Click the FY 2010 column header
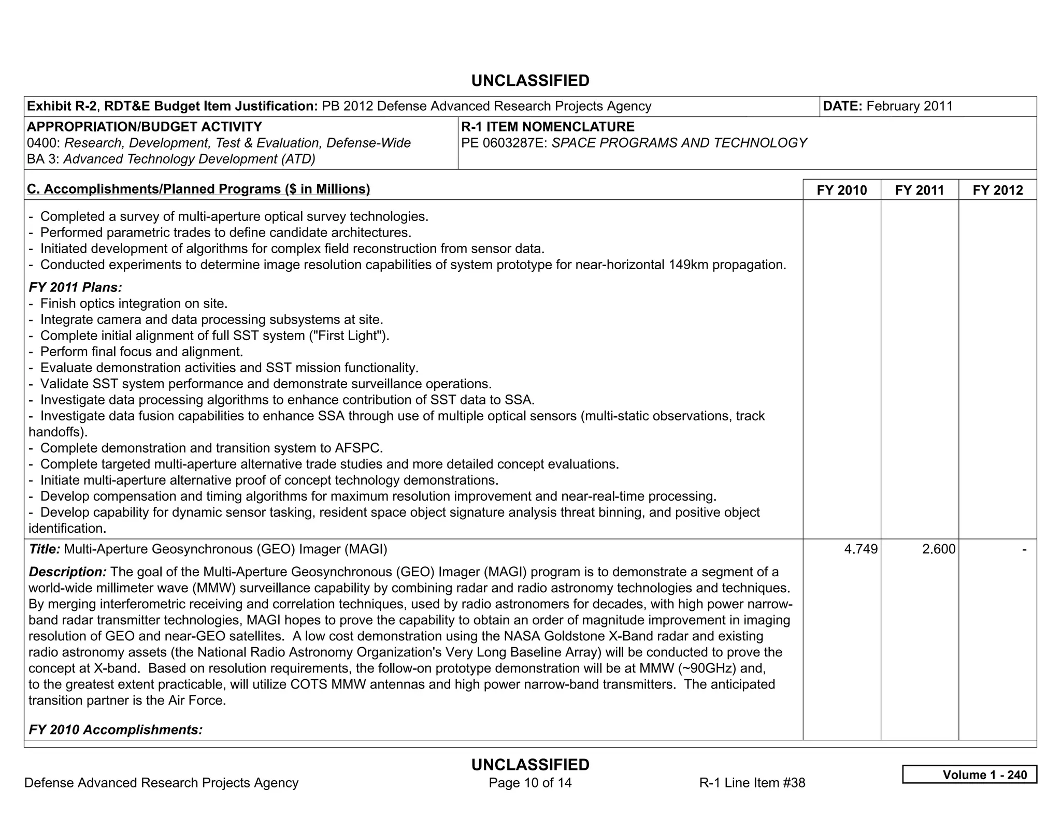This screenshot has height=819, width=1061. (x=841, y=190)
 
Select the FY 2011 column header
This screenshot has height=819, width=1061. (x=919, y=190)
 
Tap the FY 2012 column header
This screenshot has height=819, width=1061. (x=997, y=190)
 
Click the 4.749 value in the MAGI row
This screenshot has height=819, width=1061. (x=861, y=549)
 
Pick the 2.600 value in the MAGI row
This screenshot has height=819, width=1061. (x=938, y=549)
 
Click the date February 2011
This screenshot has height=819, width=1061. (x=909, y=106)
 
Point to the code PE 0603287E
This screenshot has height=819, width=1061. (x=504, y=143)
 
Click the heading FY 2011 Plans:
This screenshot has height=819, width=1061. (x=76, y=287)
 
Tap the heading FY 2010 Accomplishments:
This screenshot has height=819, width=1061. (x=116, y=729)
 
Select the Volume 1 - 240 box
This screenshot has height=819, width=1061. (x=969, y=774)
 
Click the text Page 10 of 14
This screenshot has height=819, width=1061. (x=530, y=783)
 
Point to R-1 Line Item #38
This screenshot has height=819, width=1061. (x=752, y=783)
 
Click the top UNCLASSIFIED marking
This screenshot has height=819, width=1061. (x=530, y=81)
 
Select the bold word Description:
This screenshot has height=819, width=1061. (x=68, y=572)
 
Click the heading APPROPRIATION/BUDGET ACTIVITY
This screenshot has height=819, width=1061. (x=144, y=127)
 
